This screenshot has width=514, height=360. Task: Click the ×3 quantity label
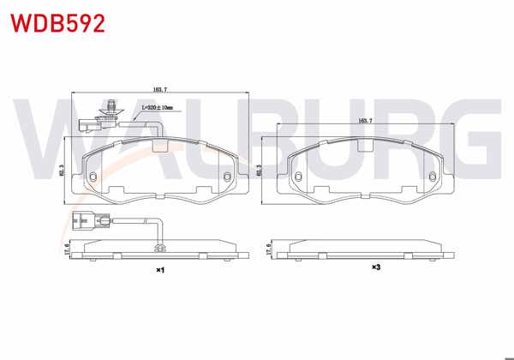(375, 267)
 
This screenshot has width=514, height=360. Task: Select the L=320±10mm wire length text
(157, 108)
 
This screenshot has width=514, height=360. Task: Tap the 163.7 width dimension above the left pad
(160, 88)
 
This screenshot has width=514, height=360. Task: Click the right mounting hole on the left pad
(227, 178)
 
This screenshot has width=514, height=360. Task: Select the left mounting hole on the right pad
(297, 178)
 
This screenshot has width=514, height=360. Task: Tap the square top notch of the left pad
(159, 145)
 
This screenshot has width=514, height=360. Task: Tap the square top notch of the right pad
(365, 145)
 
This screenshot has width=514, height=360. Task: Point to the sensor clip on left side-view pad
(159, 249)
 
